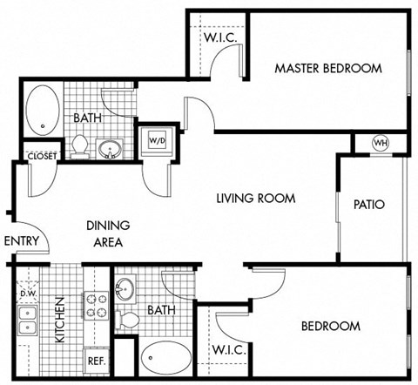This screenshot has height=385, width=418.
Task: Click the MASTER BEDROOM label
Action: click(x=328, y=68)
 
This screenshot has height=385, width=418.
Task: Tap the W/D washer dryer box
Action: click(x=158, y=139)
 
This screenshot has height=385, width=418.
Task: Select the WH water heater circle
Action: click(x=381, y=143)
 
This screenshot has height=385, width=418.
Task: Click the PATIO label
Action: click(x=369, y=206)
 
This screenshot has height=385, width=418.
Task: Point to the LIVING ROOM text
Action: click(x=255, y=199)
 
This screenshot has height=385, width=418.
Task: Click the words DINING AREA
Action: click(x=108, y=233)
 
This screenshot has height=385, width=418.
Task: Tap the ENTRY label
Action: click(x=20, y=241)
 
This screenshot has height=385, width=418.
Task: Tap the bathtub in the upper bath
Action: click(x=40, y=111)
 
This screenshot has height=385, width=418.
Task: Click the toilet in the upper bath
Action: click(x=80, y=145)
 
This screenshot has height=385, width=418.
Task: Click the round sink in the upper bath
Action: click(x=111, y=149)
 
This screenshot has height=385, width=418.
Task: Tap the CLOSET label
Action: click(x=43, y=156)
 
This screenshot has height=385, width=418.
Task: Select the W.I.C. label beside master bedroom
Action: click(x=221, y=38)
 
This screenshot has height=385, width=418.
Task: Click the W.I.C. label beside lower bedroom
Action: click(x=231, y=349)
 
